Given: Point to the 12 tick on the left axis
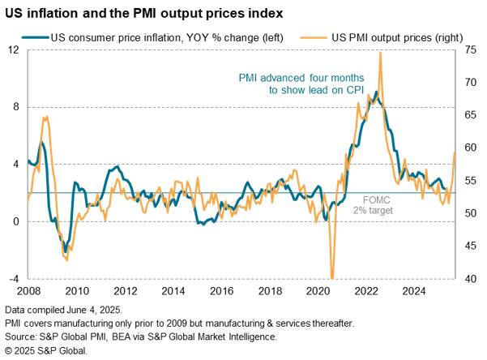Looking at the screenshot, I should coord(13,49).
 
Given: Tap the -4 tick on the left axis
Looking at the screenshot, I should coord(13,279).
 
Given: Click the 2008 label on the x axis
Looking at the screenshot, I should coord(28,291).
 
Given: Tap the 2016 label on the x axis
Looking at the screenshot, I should coord(220,291).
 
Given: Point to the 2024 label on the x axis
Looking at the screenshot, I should coord(413,291).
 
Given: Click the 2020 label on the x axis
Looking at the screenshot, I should coord(317,291).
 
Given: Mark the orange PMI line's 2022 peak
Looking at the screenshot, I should coord(381,53).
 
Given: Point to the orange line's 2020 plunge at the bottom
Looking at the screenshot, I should coord(331,276).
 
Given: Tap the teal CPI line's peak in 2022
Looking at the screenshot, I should coord(376,92).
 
